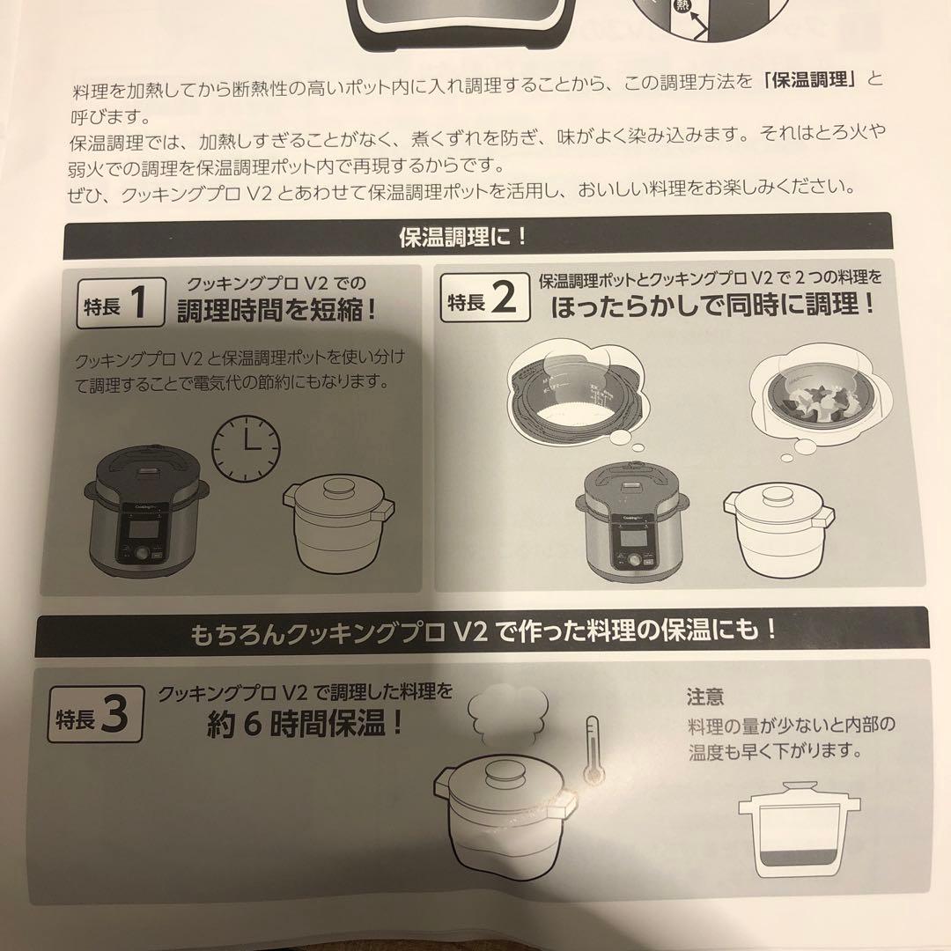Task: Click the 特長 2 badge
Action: (485, 302)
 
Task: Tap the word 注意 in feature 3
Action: (705, 697)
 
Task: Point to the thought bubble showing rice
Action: (572, 393)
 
